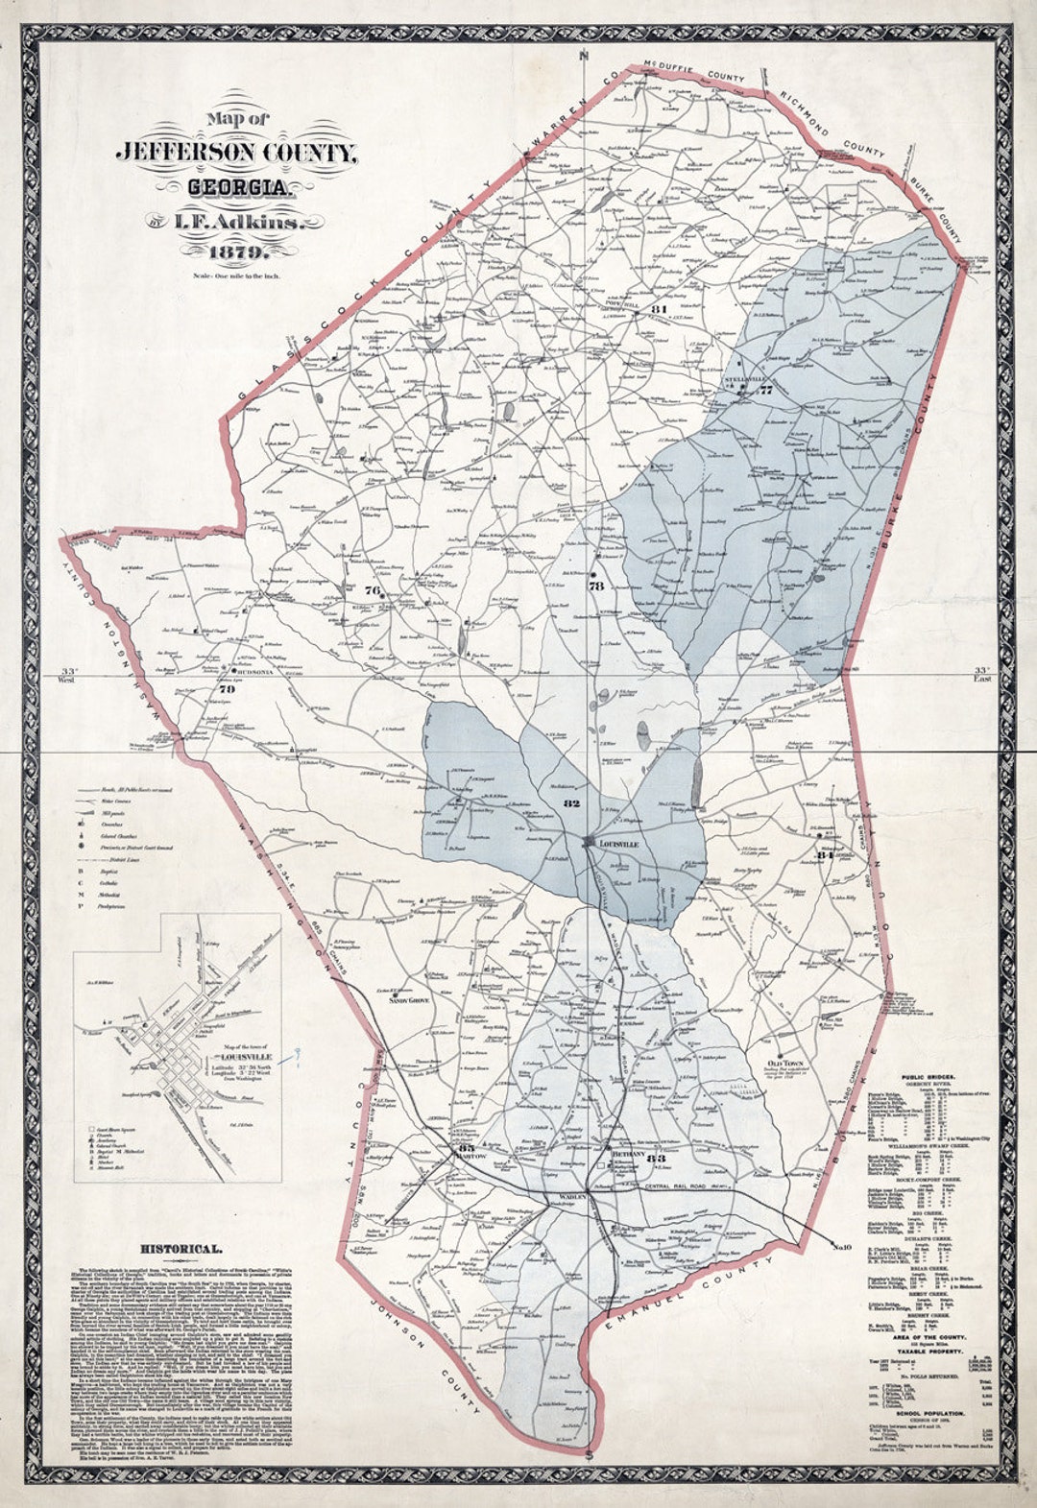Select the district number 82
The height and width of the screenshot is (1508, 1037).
(572, 802)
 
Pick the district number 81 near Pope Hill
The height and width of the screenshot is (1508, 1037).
(658, 309)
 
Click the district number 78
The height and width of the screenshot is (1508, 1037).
(595, 586)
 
